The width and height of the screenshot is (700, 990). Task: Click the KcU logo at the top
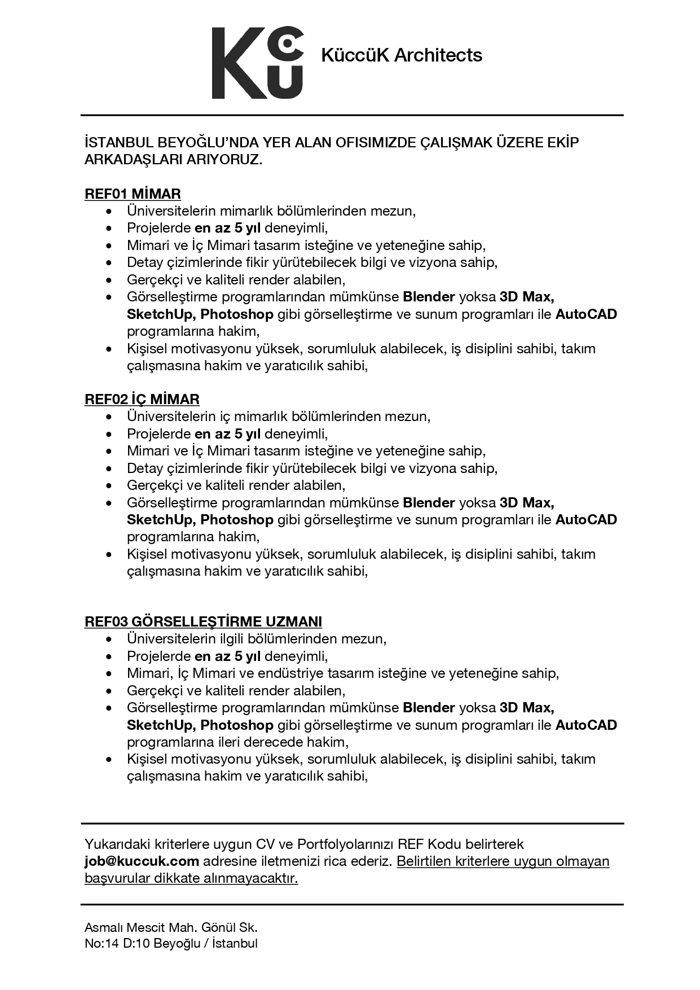(257, 63)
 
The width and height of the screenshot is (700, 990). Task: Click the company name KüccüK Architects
(402, 55)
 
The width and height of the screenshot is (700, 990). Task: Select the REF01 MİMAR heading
(133, 194)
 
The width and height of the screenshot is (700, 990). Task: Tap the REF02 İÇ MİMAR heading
(142, 400)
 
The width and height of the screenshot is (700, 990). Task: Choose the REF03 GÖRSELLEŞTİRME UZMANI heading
(203, 622)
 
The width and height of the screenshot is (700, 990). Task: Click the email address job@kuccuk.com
(142, 861)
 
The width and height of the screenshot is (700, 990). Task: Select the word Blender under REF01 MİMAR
(429, 297)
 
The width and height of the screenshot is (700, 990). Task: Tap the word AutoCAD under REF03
(586, 725)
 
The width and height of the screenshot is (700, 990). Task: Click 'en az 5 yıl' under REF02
(227, 434)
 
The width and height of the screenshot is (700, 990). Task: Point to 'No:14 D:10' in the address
(117, 944)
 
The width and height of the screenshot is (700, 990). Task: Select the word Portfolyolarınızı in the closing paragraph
(345, 844)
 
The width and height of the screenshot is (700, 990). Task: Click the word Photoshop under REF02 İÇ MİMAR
(237, 519)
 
